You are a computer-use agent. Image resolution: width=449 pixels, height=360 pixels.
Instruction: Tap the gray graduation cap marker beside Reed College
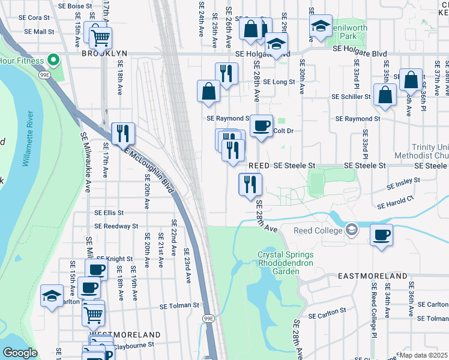tap(351, 230)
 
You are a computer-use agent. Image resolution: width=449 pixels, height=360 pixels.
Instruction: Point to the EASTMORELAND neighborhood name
tap(372, 276)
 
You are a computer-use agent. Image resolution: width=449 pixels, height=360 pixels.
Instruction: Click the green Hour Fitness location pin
tap(53, 61)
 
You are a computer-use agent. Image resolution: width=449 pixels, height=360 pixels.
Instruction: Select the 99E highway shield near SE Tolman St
tap(208, 318)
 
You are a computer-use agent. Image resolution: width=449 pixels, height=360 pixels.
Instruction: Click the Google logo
tap(20, 352)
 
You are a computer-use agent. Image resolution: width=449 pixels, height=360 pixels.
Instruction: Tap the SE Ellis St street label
tap(109, 212)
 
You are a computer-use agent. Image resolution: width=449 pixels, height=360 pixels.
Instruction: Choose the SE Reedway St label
tap(116, 226)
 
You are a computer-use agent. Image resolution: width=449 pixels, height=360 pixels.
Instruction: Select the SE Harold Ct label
tap(396, 202)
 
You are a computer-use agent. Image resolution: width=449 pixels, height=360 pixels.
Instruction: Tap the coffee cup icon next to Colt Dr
tap(261, 126)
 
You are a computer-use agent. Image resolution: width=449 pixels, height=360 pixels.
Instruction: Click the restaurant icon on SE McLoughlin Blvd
tap(122, 134)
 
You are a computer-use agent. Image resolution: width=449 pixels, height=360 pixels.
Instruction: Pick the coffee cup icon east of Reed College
tap(381, 234)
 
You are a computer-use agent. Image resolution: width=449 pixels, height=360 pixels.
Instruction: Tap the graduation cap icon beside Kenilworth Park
tap(321, 26)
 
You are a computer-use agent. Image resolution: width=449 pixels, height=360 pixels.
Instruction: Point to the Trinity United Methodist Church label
tap(430, 151)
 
